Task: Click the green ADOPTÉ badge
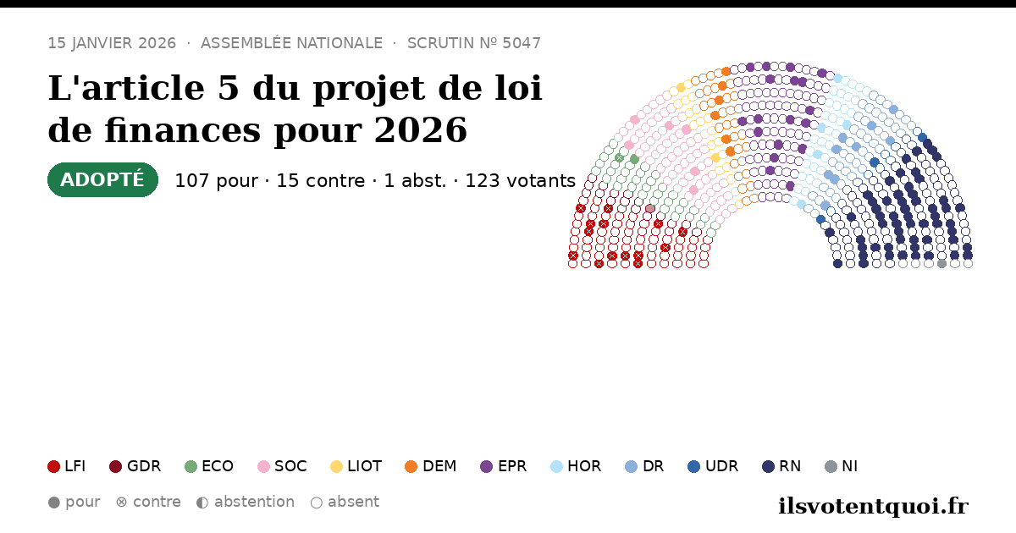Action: (102, 180)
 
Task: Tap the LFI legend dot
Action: (53, 466)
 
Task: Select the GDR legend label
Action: (144, 466)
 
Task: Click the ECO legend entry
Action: (209, 466)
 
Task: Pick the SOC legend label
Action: (290, 466)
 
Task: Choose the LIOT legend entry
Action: (356, 466)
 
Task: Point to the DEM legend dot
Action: (411, 466)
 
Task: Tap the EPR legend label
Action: (512, 466)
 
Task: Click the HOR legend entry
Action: (576, 466)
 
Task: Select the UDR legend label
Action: (721, 466)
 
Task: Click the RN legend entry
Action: (781, 466)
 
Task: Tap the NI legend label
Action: (849, 466)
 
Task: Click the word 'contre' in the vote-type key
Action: (157, 503)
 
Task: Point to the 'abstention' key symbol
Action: (202, 503)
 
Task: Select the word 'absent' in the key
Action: (353, 503)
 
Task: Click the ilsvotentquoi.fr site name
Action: (873, 506)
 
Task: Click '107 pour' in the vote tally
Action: (217, 180)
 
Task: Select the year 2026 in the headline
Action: (421, 130)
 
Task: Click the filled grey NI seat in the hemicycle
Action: (941, 264)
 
